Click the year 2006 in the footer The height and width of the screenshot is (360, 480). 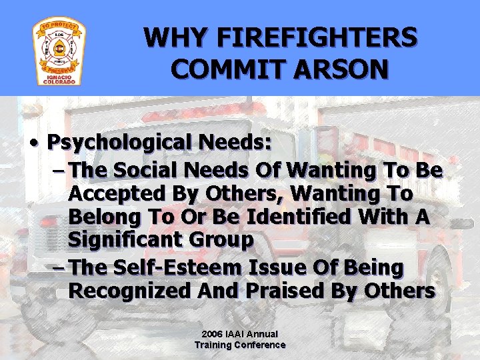click(212, 333)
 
